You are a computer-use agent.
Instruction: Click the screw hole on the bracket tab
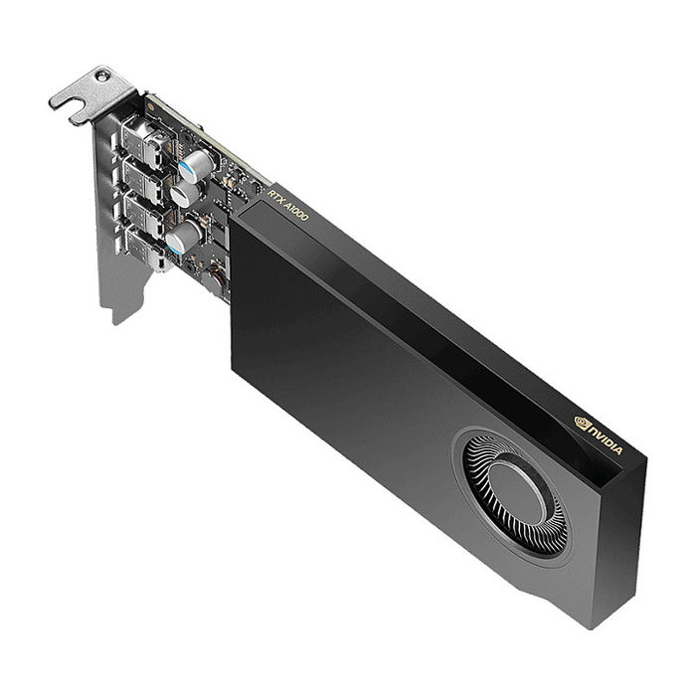pyautogui.click(x=102, y=76)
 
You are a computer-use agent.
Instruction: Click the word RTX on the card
pyautogui.click(x=277, y=195)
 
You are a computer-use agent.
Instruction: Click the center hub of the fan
pyautogui.click(x=517, y=488)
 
